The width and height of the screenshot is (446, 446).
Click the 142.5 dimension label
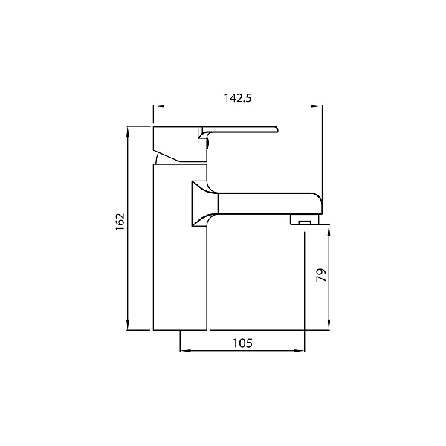(238, 98)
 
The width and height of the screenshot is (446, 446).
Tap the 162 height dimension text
(120, 222)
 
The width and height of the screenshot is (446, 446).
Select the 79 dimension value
(321, 275)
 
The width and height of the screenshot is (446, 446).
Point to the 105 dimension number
(242, 343)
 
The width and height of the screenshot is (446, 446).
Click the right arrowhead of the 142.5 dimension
(317, 106)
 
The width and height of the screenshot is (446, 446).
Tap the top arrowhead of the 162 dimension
(128, 132)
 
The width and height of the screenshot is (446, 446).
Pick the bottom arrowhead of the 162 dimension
(128, 325)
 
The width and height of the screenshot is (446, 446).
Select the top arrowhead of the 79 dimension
(329, 230)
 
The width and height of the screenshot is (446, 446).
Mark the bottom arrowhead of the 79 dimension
(329, 325)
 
